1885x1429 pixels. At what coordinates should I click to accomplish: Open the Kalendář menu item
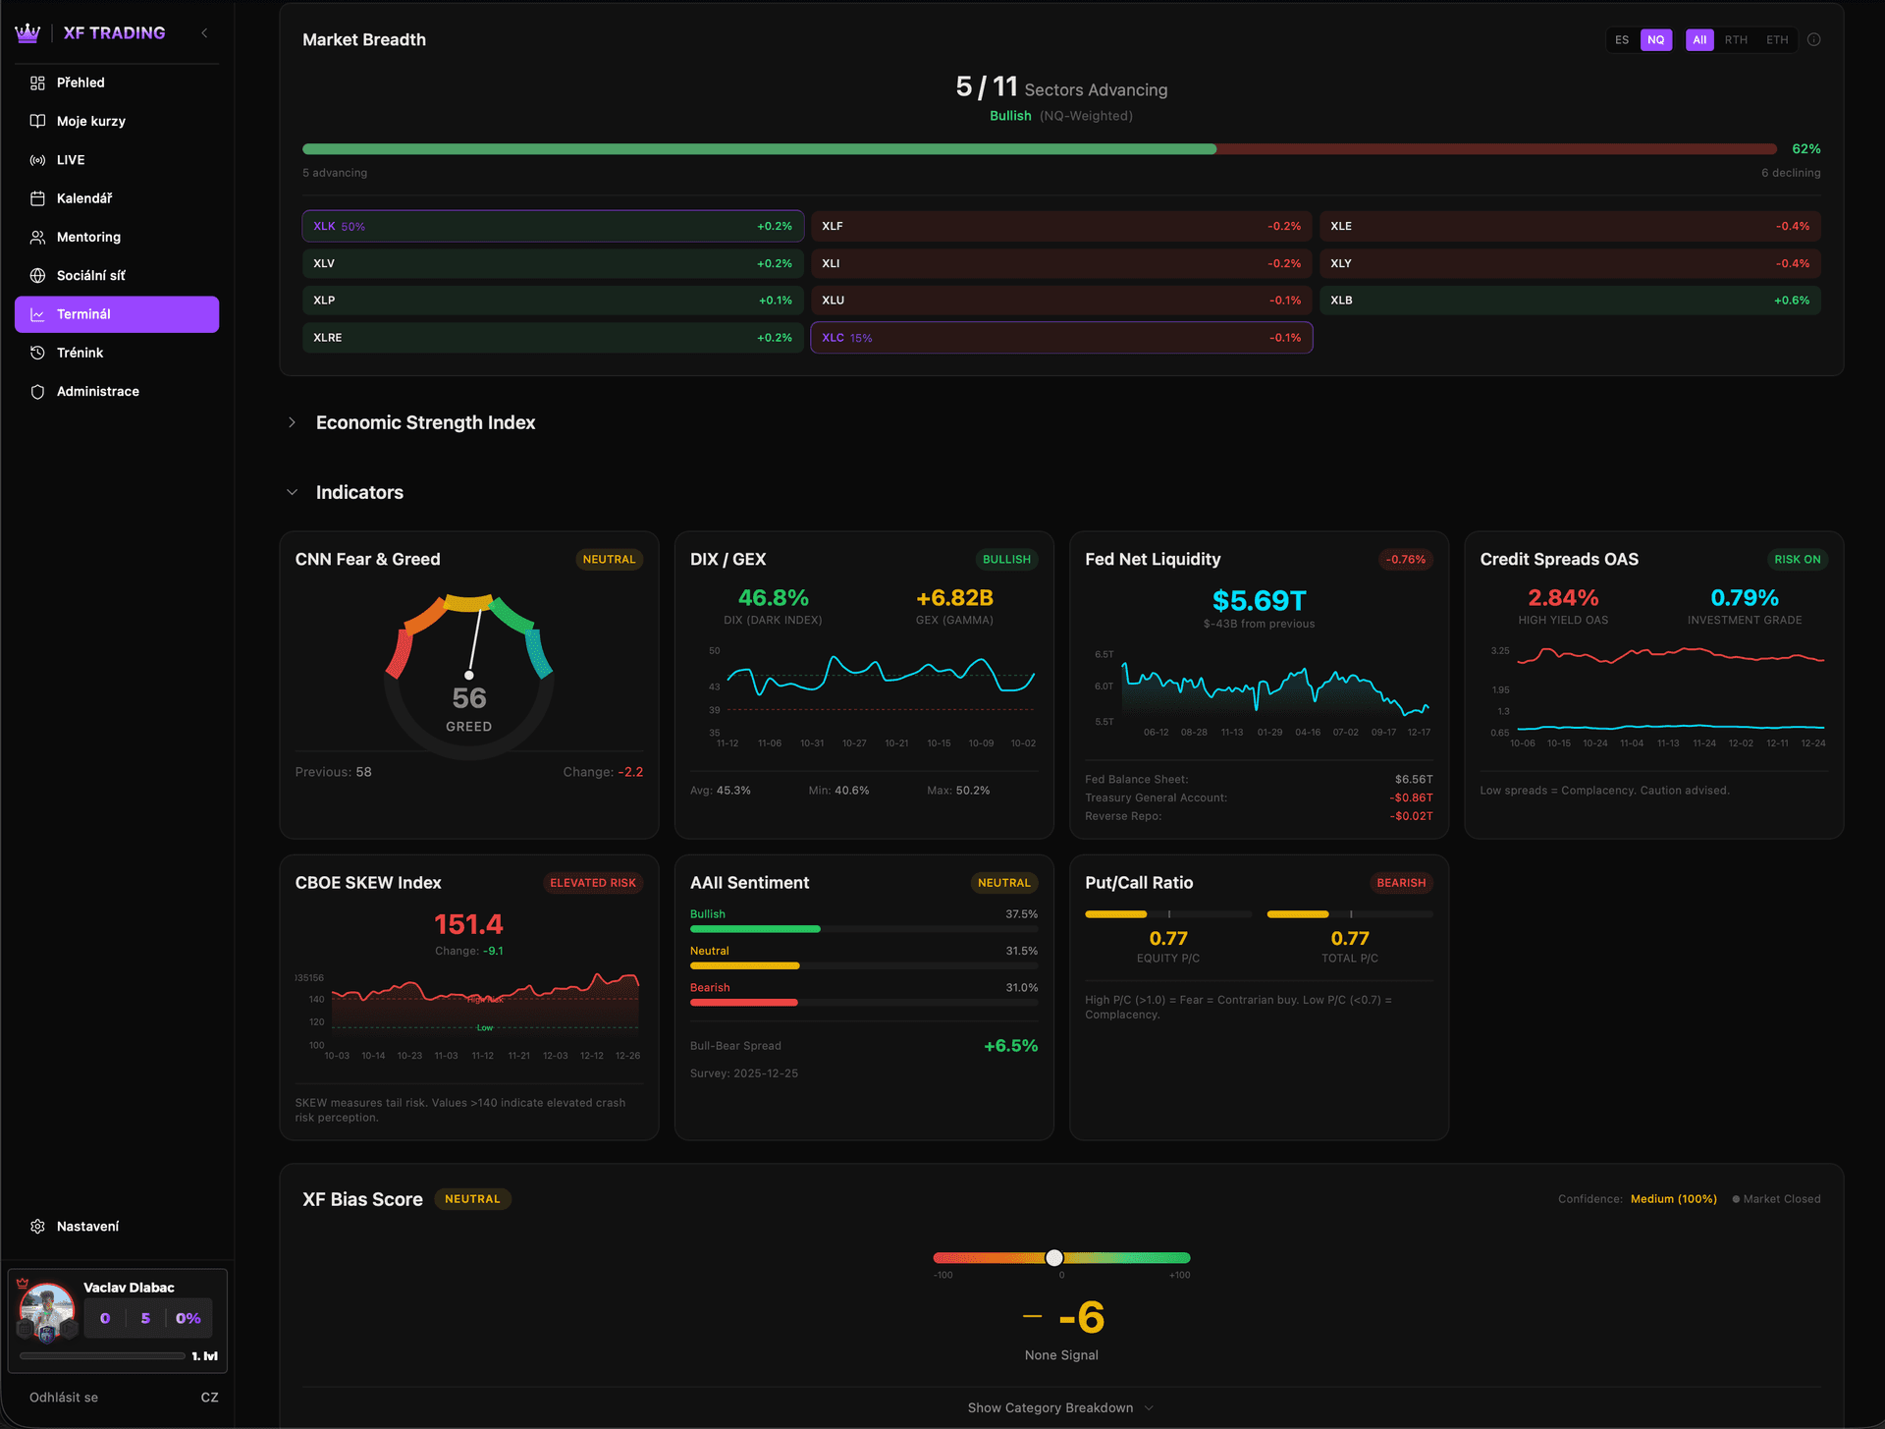tap(84, 198)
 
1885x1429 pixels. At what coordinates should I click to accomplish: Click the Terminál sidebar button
tap(116, 314)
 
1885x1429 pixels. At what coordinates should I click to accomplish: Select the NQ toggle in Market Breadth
tap(1655, 40)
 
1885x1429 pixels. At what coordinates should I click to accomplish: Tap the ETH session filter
tap(1776, 40)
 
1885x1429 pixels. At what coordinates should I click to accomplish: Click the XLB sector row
tap(1569, 301)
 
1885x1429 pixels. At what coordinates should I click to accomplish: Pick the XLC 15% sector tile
tap(1060, 338)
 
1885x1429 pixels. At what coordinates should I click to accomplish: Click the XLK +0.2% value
tap(774, 227)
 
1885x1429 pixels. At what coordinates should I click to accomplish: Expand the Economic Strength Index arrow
tap(292, 422)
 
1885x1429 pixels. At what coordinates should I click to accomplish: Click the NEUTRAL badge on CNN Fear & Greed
tap(609, 560)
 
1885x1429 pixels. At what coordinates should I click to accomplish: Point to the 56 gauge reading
tap(469, 698)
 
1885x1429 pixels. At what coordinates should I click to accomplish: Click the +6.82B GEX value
tap(954, 598)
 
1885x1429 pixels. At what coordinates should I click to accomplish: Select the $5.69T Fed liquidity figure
tap(1259, 600)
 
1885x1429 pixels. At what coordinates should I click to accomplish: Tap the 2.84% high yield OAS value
tap(1562, 598)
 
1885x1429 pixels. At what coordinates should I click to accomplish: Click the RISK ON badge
tap(1797, 560)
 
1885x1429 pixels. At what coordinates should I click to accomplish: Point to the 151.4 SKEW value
tap(468, 924)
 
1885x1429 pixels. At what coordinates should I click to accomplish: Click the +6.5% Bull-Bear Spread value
tap(1010, 1046)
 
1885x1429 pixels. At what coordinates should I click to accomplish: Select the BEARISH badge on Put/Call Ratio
tap(1400, 883)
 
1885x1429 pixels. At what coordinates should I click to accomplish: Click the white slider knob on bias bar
tap(1054, 1258)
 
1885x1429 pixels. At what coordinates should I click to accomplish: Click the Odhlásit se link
tap(64, 1398)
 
